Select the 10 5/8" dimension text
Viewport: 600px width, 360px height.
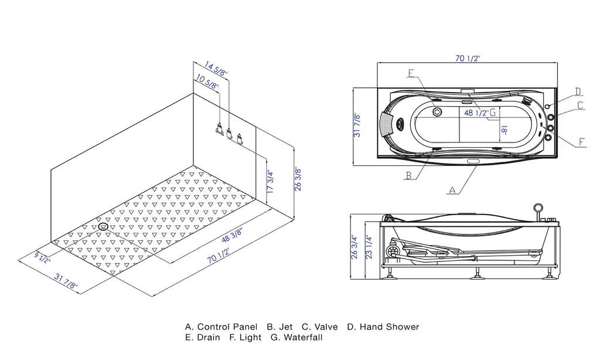207,82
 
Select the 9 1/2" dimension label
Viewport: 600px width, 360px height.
43,257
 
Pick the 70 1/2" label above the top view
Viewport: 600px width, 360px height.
468,58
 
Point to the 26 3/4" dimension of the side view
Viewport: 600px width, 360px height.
354,247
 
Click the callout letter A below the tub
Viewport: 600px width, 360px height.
451,189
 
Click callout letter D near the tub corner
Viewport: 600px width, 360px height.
578,91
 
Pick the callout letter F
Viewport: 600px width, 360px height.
581,142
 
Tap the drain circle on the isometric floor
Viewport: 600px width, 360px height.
104,226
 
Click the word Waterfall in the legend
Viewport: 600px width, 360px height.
302,337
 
